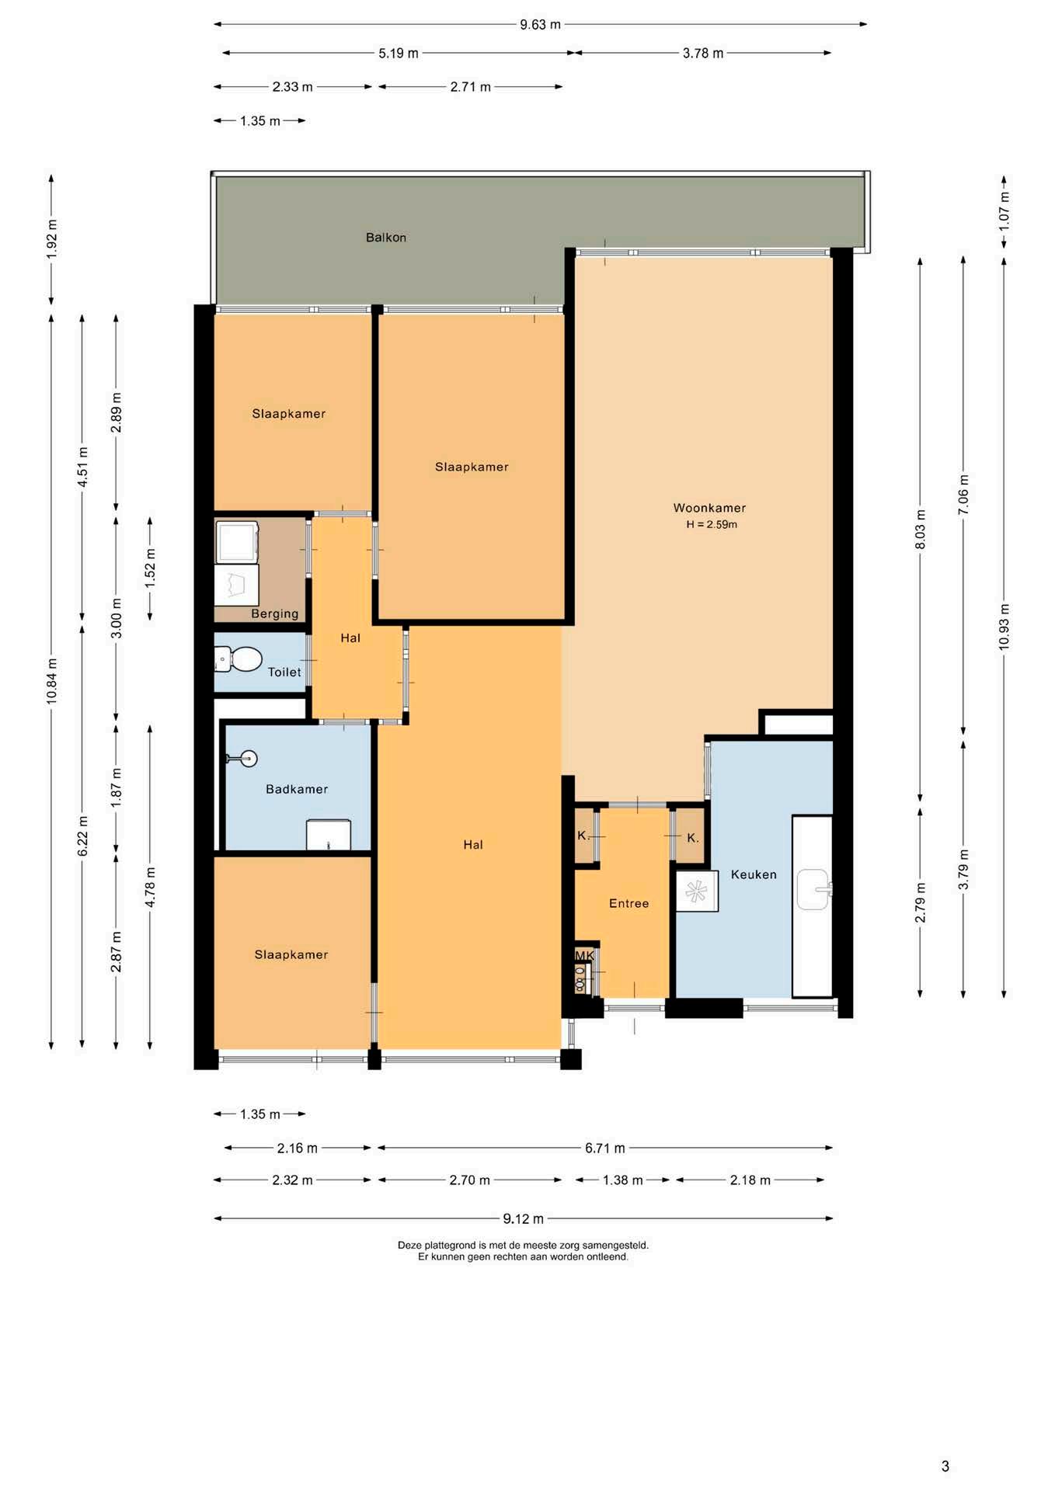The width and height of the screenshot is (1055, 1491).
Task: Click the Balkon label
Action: [386, 238]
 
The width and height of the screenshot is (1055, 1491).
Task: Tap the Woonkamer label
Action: [709, 508]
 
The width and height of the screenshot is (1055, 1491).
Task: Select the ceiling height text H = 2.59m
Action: [712, 525]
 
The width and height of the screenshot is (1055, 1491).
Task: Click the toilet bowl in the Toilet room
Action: [239, 659]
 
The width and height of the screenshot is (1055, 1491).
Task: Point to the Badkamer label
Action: [297, 789]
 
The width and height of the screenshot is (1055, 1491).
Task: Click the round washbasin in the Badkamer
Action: [248, 759]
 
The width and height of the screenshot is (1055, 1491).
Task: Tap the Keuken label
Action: [754, 874]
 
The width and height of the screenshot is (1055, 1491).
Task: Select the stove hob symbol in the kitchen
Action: [697, 891]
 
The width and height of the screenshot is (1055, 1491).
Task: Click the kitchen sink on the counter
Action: [813, 889]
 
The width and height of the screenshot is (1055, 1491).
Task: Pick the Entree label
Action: [628, 904]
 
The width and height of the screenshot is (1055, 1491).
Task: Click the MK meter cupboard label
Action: [584, 955]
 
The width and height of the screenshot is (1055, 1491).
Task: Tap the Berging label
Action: [275, 613]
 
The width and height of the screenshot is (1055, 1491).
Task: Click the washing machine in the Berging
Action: [237, 541]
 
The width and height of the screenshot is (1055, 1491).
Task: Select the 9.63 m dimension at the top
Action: [540, 24]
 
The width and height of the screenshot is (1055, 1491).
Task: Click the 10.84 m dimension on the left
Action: [52, 681]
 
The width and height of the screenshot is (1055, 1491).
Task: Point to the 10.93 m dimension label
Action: [1005, 627]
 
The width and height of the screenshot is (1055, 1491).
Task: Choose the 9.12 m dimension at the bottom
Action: [523, 1218]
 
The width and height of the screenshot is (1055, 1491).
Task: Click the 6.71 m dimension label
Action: [605, 1148]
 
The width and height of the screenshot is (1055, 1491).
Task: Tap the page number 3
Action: [945, 1466]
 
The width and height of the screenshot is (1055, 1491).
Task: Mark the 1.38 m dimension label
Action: [623, 1180]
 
